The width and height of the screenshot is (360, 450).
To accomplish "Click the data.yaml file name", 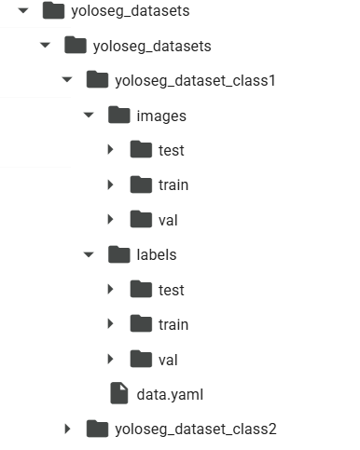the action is tap(170, 395).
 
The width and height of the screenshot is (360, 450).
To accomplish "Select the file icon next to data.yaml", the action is tap(119, 393).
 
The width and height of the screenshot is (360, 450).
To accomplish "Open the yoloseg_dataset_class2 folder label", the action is tap(196, 430).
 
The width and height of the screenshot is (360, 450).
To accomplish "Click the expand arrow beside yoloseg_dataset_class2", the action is tap(67, 429).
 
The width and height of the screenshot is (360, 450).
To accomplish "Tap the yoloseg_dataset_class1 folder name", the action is tap(195, 81).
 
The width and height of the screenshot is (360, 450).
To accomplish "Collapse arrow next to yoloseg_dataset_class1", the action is tap(67, 80).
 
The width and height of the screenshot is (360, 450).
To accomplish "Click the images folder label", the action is tap(161, 116).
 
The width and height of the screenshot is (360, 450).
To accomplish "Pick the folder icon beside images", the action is tap(119, 115).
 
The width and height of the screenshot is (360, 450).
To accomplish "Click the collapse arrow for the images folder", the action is tap(89, 115).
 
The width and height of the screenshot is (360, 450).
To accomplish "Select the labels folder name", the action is tap(157, 255).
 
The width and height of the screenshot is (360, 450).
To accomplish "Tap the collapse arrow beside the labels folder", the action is tap(89, 254).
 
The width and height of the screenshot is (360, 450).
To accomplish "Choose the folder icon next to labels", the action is tap(119, 254).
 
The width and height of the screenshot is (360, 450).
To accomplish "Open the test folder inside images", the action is tap(172, 151).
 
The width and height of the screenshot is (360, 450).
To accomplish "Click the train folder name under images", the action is tap(173, 185).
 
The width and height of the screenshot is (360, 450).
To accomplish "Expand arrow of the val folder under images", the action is tap(110, 219).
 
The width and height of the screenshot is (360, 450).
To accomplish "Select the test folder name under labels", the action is tap(172, 291).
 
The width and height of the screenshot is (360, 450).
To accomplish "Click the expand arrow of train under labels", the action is tap(110, 323).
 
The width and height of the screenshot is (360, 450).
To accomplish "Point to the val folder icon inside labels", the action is tap(141, 359).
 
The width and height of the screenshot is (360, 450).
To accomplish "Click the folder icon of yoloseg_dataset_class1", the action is tap(97, 79).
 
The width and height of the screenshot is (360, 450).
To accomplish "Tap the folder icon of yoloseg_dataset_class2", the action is tap(97, 429).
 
